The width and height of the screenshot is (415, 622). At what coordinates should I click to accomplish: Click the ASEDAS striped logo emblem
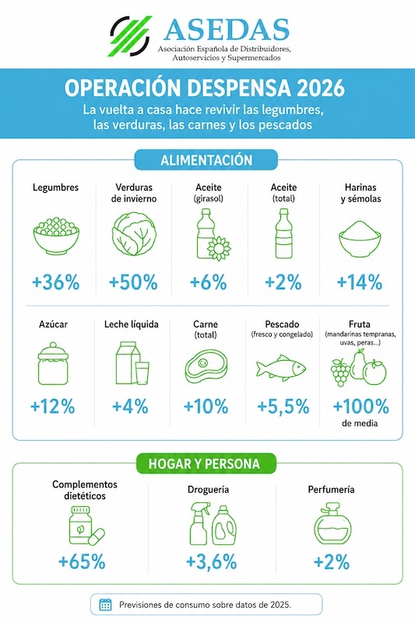[x=130, y=36]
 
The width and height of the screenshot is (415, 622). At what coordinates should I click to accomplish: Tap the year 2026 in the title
[x=321, y=88]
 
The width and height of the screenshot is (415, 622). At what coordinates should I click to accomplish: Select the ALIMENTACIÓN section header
[x=206, y=160]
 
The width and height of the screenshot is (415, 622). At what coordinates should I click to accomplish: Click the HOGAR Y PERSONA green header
[x=204, y=463]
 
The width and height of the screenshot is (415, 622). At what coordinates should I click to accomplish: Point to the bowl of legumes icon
[x=56, y=236]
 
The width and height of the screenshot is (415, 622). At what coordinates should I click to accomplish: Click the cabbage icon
[x=134, y=234]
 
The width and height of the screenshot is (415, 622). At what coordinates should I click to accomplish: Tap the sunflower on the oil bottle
[x=219, y=248]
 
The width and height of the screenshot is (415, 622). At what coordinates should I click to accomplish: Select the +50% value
[x=133, y=282]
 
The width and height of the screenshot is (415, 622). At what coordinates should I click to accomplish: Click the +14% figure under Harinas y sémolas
[x=360, y=282]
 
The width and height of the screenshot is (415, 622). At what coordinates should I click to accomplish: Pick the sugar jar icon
[x=53, y=363]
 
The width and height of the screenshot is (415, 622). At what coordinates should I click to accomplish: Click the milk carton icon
[x=132, y=363]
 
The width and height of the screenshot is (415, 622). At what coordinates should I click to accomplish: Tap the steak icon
[x=206, y=366]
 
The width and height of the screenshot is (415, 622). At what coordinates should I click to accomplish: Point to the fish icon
[x=281, y=367]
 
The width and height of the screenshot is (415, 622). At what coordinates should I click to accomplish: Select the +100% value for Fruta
[x=360, y=407]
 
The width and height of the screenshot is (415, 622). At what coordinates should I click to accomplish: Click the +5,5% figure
[x=283, y=407]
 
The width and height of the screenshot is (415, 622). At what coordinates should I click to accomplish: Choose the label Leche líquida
[x=132, y=324]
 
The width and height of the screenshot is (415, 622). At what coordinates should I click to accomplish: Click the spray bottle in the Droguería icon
[x=200, y=523]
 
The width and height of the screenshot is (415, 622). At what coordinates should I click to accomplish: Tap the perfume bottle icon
[x=332, y=523]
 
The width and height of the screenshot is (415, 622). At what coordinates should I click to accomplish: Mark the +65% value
[x=82, y=561]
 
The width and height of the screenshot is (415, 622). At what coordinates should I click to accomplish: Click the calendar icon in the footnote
[x=105, y=605]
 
